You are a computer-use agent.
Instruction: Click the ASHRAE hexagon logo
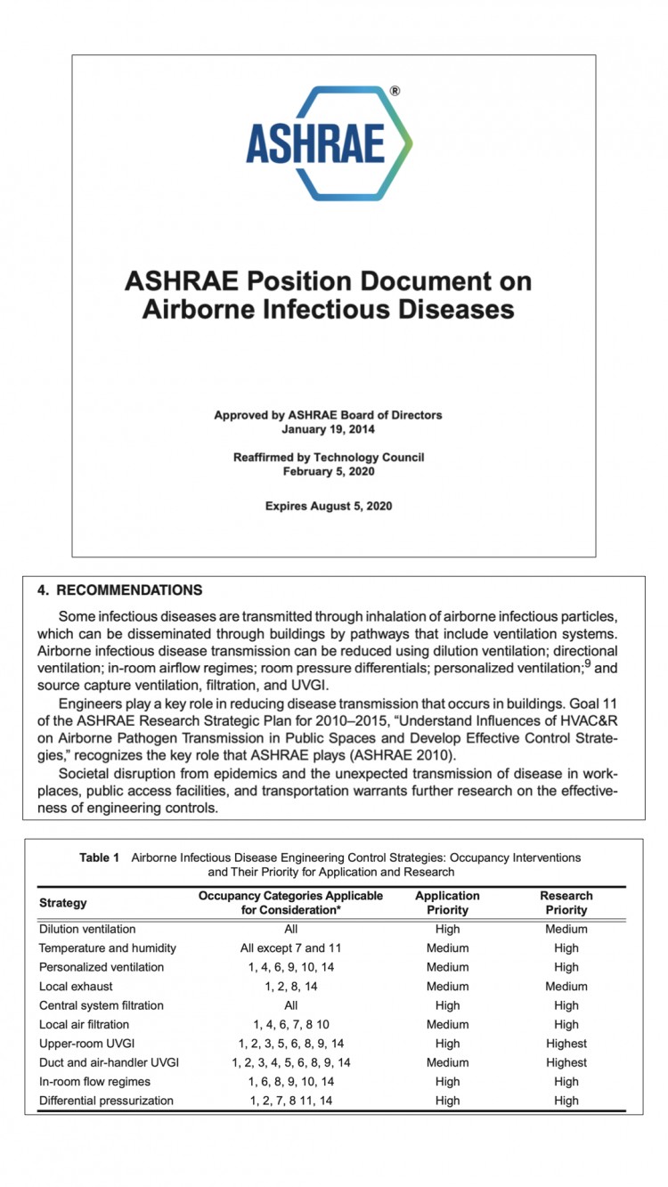click(x=329, y=143)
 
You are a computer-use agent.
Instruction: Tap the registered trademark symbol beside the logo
click(x=395, y=91)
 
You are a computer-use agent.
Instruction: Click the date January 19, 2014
click(x=328, y=428)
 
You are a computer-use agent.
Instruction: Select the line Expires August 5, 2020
click(x=328, y=506)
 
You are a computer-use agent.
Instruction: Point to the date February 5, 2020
click(x=328, y=471)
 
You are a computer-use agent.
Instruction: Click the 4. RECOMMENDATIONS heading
click(x=119, y=590)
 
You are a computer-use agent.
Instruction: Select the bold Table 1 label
click(x=100, y=858)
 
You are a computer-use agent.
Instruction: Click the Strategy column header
click(x=63, y=903)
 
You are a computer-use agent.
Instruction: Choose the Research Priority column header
click(x=566, y=903)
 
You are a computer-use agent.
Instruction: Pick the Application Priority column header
click(x=447, y=903)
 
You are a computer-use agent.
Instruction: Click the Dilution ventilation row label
click(x=87, y=929)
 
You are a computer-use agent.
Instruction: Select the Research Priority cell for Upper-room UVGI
click(x=566, y=1043)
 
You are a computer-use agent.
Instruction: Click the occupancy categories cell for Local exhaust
click(x=290, y=986)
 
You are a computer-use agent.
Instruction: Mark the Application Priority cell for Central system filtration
click(x=447, y=1005)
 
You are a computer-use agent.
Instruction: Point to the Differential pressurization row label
click(x=106, y=1101)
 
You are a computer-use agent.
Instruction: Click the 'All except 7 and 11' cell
click(x=290, y=947)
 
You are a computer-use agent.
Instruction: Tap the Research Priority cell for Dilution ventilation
click(x=566, y=929)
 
